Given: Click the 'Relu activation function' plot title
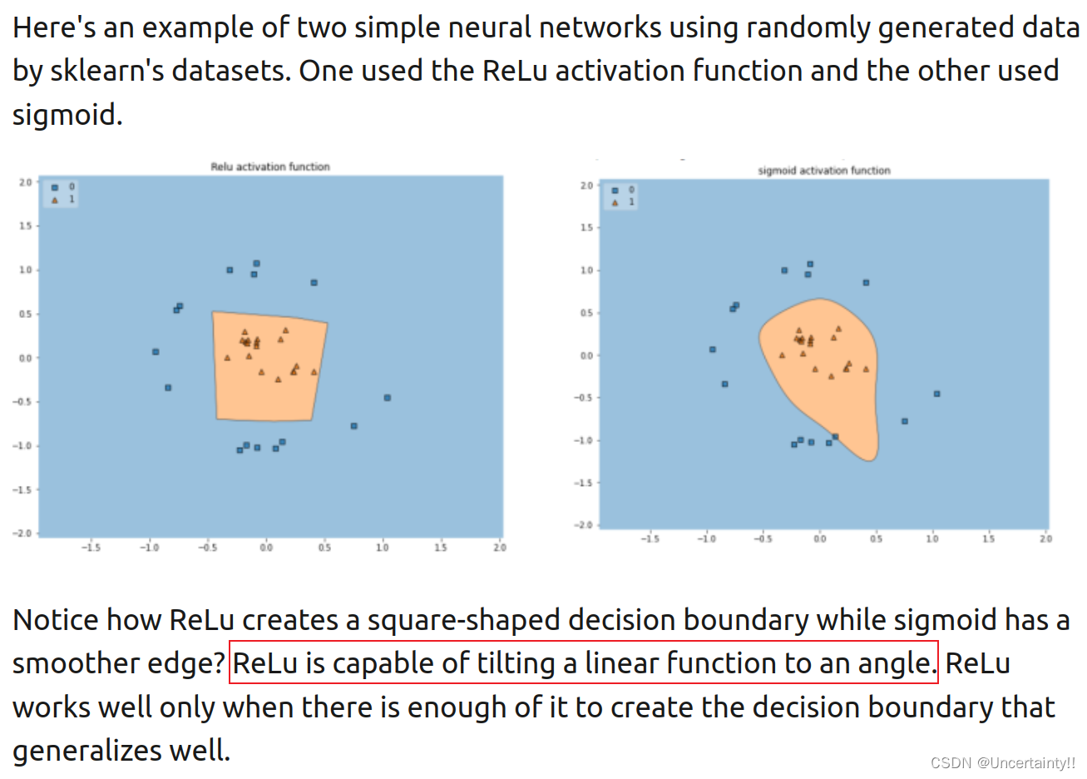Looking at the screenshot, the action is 270,166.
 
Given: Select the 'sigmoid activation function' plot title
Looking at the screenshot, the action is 823,171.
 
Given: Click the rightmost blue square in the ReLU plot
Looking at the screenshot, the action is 388,398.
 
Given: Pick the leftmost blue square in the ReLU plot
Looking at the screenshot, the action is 156,352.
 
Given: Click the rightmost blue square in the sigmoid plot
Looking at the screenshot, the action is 937,394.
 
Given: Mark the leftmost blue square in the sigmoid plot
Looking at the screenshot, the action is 713,350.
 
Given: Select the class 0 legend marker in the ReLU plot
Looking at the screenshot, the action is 55,187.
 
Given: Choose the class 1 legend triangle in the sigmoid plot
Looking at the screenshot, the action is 615,202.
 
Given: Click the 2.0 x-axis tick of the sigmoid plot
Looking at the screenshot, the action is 1045,539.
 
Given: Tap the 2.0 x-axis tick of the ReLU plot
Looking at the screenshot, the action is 499,548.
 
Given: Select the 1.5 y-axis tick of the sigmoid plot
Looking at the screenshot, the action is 586,227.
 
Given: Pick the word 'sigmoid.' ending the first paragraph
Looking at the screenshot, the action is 67,115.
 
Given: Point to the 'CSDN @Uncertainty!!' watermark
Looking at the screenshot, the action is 1002,762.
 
